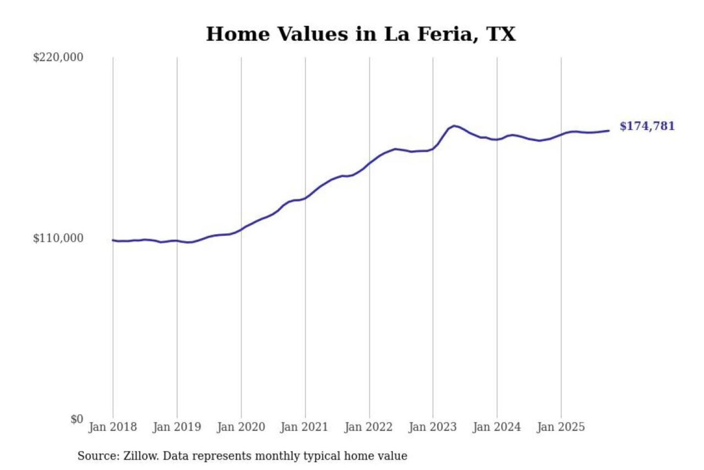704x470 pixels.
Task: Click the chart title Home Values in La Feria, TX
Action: click(361, 34)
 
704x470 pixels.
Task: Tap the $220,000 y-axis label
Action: click(58, 57)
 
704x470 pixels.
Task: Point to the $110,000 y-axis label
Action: click(58, 238)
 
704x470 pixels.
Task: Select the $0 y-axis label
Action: click(77, 419)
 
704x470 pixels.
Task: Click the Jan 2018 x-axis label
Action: click(112, 427)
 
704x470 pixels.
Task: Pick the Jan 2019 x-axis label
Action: click(176, 427)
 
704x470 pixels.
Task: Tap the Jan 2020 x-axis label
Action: click(241, 427)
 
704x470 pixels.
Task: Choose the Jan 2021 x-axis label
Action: click(304, 427)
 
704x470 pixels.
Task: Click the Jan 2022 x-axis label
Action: click(368, 427)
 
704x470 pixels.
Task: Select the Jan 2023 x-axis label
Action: click(432, 427)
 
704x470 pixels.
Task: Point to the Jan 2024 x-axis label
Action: click(496, 427)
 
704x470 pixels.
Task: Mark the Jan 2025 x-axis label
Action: click(560, 427)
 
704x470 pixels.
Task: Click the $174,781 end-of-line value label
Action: click(647, 126)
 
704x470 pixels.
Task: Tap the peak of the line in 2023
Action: click(455, 126)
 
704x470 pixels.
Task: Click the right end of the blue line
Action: click(609, 131)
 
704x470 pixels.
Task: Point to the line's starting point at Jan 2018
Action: click(113, 240)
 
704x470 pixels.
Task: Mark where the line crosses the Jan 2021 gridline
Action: click(306, 198)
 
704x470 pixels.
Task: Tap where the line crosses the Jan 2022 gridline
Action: click(370, 163)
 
